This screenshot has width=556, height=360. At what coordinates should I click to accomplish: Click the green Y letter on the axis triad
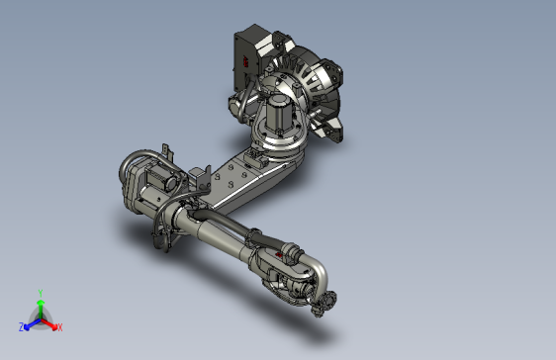click(40, 293)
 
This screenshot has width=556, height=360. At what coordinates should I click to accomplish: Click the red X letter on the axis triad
click(59, 326)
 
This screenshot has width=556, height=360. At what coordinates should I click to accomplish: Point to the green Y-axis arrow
click(40, 307)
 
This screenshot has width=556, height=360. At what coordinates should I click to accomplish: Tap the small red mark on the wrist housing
click(281, 253)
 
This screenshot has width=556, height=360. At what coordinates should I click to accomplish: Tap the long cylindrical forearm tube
click(213, 236)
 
